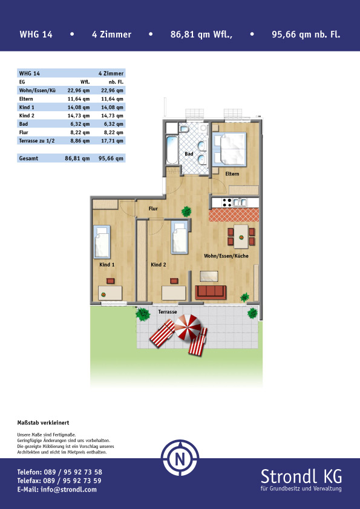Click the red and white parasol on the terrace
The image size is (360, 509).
click(x=188, y=327)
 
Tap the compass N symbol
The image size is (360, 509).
click(x=180, y=458)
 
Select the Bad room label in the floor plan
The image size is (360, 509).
click(x=189, y=154)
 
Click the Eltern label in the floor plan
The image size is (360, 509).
click(x=232, y=174)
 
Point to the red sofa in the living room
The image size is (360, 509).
click(x=211, y=292)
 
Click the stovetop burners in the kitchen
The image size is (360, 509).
click(x=227, y=203)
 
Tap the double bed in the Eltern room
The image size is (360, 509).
click(x=229, y=149)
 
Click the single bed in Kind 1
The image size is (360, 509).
click(x=102, y=242)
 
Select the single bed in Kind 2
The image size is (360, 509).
click(x=180, y=237)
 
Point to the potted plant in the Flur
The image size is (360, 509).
click(x=186, y=212)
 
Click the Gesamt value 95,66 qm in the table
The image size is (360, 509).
click(x=111, y=158)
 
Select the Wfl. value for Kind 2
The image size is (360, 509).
click(x=78, y=115)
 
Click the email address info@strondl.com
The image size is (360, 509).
click(x=57, y=490)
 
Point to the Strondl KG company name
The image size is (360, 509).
click(x=301, y=477)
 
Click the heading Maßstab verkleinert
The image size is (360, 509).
click(x=43, y=423)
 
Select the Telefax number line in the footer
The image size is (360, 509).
click(x=59, y=481)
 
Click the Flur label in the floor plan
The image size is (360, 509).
click(x=153, y=209)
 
